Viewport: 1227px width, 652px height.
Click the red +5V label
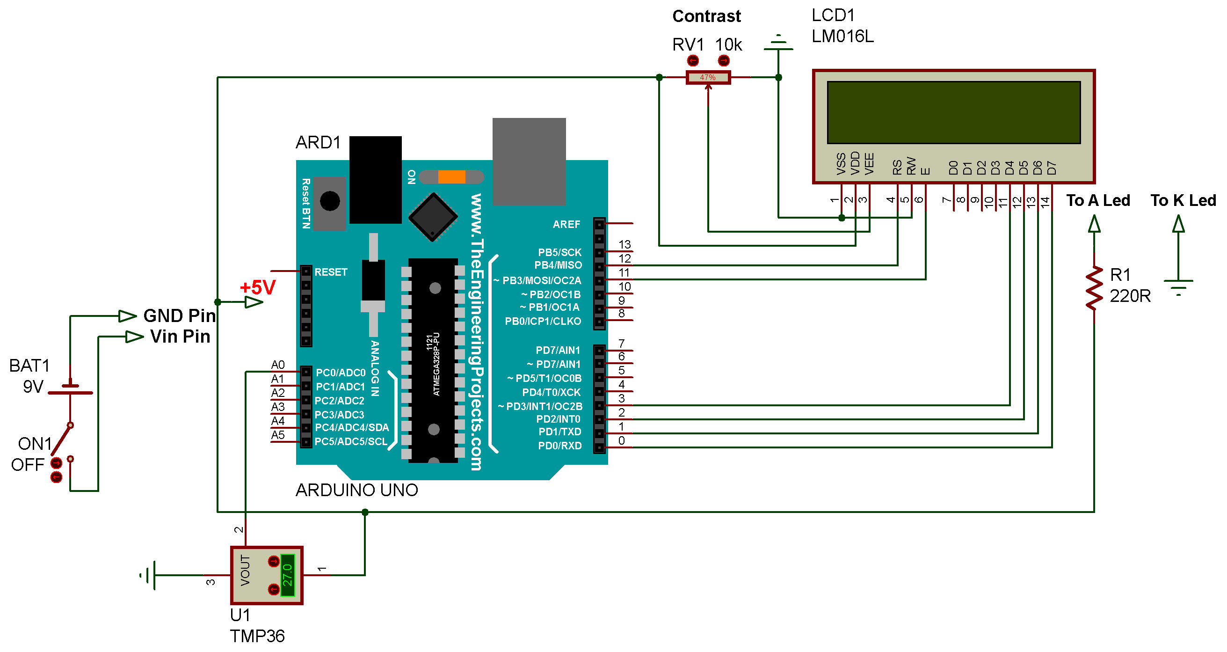pos(258,288)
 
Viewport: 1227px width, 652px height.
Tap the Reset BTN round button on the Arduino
pos(330,201)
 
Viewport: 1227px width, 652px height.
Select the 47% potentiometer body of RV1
pos(708,77)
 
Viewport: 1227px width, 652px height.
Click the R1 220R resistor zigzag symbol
pos(1094,288)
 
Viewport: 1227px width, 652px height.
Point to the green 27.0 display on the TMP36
pos(287,575)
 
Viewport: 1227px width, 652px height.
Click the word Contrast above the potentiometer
pos(706,17)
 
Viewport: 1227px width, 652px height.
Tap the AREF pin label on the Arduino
pos(566,224)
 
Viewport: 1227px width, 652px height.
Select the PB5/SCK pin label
pos(559,252)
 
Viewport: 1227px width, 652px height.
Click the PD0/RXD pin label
pos(559,446)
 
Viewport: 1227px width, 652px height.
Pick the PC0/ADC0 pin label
pos(341,373)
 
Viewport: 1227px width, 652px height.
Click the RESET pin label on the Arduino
pos(331,272)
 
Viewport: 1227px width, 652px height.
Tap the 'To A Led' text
pos(1098,200)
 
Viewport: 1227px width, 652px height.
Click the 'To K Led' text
pos(1183,200)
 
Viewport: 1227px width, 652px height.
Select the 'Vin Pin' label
pos(180,337)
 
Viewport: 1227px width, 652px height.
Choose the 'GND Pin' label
pos(180,315)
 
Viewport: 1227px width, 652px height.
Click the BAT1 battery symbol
pos(71,389)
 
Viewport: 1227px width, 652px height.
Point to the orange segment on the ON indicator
pos(451,177)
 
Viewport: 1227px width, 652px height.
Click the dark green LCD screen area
pos(954,112)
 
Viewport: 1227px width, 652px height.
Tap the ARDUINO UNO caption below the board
pos(357,491)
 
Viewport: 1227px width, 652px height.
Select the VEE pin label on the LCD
pos(869,163)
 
